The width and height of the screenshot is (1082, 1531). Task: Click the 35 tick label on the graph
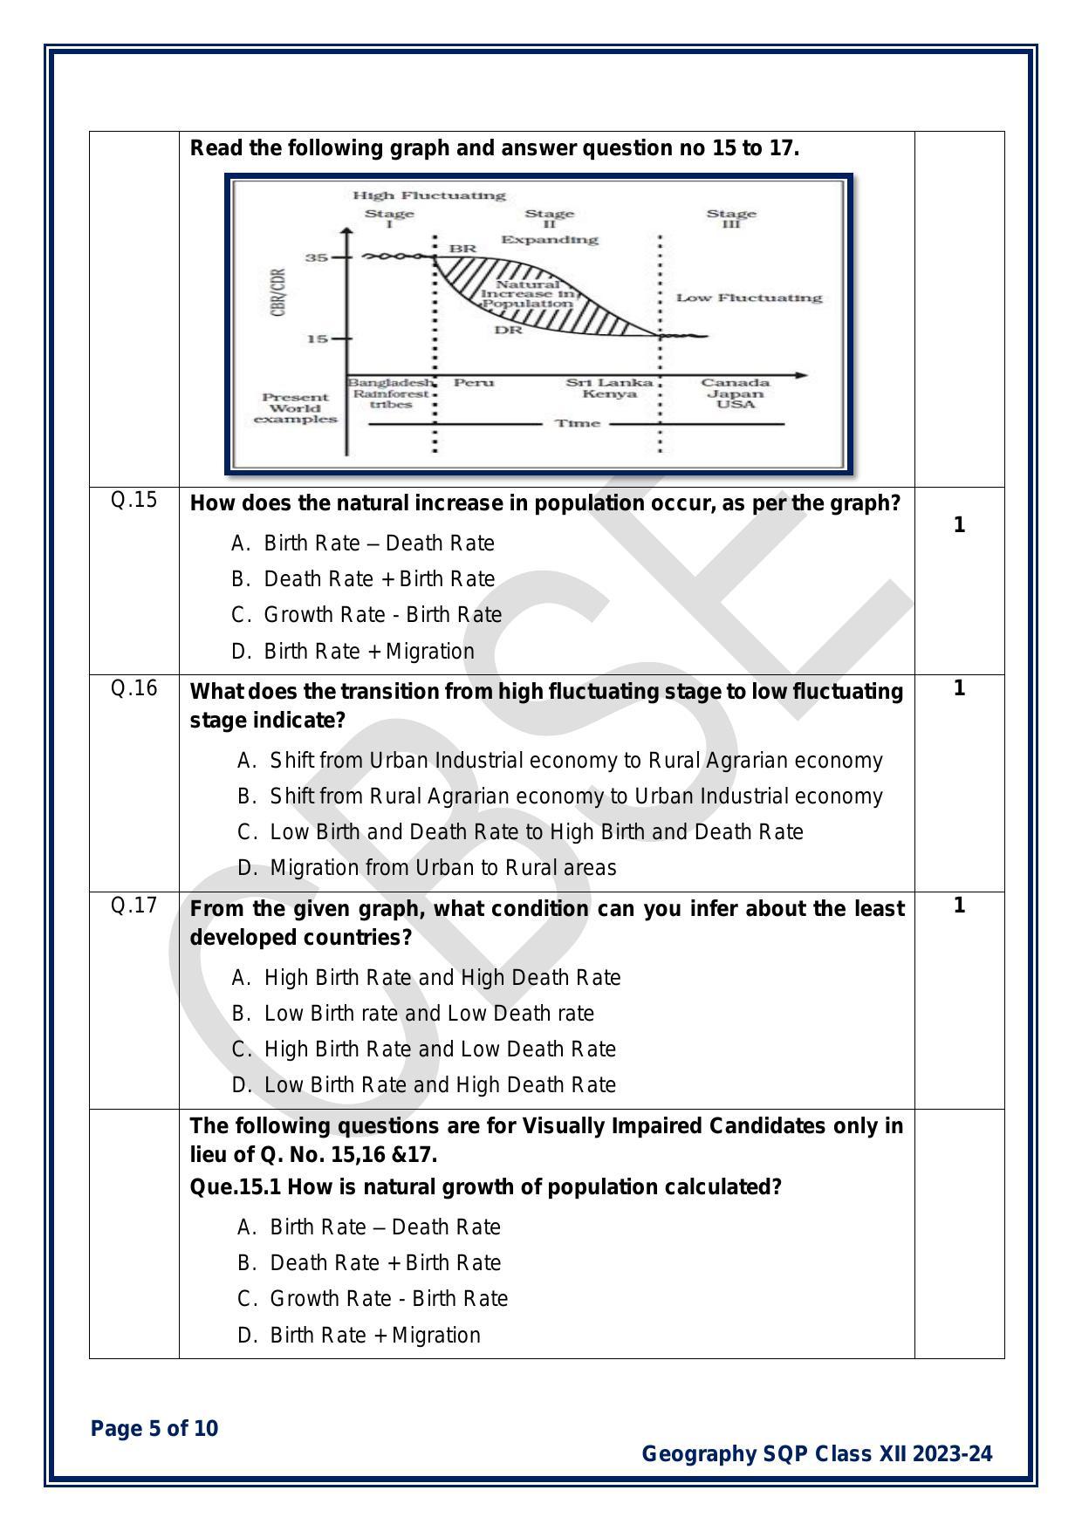tap(316, 258)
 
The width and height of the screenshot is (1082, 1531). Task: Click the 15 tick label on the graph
tap(316, 338)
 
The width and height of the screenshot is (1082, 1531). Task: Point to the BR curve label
tap(462, 249)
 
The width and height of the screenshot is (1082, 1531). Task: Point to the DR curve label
tap(508, 331)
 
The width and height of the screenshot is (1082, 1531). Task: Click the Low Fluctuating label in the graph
tap(749, 297)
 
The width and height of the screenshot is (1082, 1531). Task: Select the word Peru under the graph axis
tap(474, 383)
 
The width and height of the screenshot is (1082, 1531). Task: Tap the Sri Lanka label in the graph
tap(609, 383)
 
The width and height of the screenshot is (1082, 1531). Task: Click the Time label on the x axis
tap(578, 424)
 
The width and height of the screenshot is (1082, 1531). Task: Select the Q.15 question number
tap(134, 500)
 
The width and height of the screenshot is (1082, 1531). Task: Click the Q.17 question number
tap(134, 906)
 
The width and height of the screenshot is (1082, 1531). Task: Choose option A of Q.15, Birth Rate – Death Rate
tap(379, 543)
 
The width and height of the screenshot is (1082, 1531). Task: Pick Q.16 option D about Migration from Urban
tap(442, 868)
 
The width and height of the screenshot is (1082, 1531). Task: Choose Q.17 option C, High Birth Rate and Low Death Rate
tap(440, 1049)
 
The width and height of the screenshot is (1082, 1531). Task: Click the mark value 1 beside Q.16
tap(959, 689)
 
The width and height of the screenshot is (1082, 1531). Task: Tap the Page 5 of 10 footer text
tap(154, 1429)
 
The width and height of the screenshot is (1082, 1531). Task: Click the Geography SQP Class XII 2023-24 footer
tap(817, 1454)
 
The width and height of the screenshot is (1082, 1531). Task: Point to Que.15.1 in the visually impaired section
tap(236, 1187)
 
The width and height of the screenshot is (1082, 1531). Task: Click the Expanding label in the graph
tap(549, 240)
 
